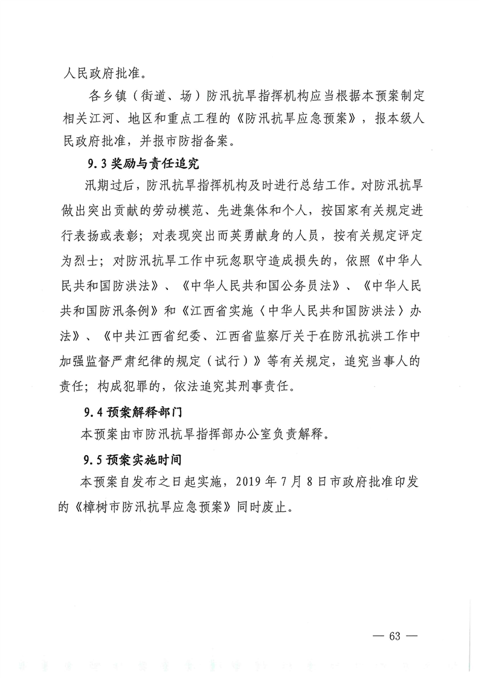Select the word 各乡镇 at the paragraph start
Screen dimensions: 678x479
[x=104, y=97]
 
